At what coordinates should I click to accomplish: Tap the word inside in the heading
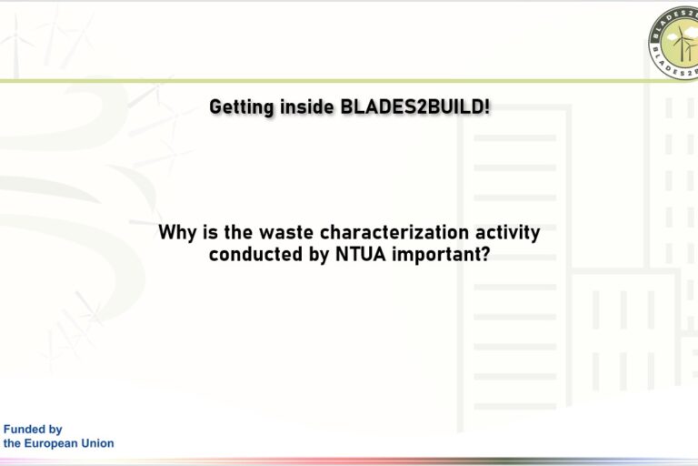[x=306, y=106]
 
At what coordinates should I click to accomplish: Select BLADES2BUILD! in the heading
[x=414, y=106]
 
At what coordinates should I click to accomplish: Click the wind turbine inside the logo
[x=682, y=45]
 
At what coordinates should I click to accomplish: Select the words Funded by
[x=33, y=430]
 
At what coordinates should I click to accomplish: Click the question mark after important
[x=484, y=254]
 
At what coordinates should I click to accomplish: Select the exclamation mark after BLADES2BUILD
[x=487, y=106]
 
